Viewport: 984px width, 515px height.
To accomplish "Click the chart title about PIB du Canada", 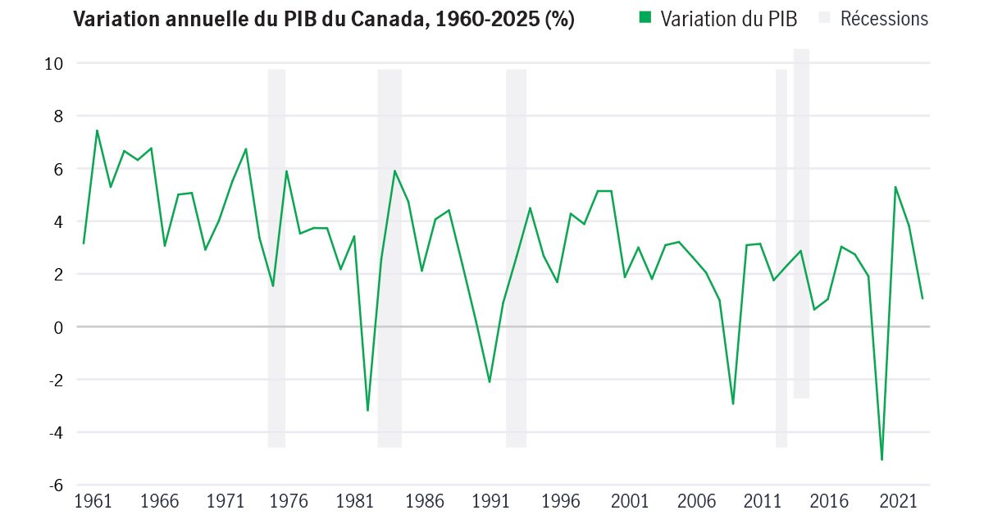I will (x=324, y=20).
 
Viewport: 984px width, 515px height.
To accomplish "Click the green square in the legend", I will (x=645, y=18).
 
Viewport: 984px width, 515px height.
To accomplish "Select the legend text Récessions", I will (x=884, y=19).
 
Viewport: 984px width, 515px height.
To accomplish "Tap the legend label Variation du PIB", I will (x=728, y=19).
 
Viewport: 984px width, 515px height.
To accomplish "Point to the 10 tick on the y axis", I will (x=54, y=63).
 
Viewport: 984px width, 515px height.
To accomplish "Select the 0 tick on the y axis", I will (x=59, y=327).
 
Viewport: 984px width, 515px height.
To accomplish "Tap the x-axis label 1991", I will (x=491, y=501).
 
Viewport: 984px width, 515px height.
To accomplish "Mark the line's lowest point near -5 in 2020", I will (x=881, y=459).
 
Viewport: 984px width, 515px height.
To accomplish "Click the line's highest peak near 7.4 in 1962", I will (x=97, y=130).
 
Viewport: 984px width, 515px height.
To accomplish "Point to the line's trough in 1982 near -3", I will (x=367, y=410).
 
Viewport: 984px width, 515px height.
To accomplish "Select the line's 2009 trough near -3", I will (x=733, y=403).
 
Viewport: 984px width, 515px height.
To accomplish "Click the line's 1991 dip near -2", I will (x=490, y=382).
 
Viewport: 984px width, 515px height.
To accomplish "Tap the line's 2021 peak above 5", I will (x=895, y=187).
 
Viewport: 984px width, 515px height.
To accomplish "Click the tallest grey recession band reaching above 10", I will (x=801, y=221).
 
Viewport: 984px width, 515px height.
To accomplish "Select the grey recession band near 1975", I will (x=276, y=258).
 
